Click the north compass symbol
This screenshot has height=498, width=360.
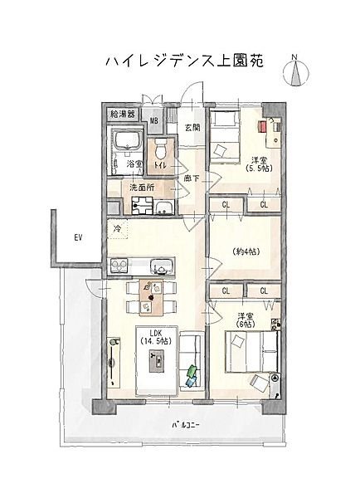[x=296, y=71]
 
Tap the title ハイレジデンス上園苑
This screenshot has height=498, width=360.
[x=184, y=61]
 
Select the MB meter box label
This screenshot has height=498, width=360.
[x=154, y=120]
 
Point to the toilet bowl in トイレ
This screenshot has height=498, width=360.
[x=161, y=149]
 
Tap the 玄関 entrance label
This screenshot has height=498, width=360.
[x=192, y=128]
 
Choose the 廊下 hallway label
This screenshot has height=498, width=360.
[x=192, y=178]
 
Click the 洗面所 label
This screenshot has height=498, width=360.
[x=142, y=188]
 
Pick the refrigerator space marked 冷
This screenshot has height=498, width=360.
[x=118, y=229]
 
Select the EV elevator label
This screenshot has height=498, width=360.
[x=79, y=237]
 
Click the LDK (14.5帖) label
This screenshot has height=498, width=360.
[x=156, y=337]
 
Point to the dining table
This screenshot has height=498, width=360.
[x=151, y=297]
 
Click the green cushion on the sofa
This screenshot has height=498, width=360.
[x=192, y=370]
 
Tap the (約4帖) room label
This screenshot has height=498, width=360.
[x=246, y=252]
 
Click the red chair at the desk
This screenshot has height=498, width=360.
[x=263, y=126]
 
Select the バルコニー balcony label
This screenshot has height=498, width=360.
[x=186, y=425]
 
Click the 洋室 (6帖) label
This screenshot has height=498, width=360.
[x=246, y=320]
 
